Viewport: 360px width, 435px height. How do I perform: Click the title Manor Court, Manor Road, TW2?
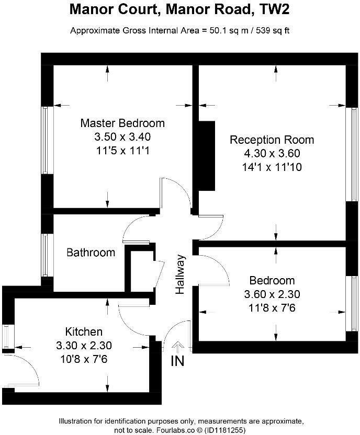[180, 9]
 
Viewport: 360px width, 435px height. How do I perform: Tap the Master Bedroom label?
[122, 123]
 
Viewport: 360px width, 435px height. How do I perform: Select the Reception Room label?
[272, 140]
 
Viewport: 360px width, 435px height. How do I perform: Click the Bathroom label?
[91, 253]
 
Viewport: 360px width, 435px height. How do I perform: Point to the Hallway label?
[181, 274]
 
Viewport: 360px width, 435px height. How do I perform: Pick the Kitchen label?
[84, 331]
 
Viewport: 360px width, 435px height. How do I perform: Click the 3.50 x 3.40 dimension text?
[122, 137]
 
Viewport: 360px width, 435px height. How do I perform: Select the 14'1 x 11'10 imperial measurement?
[272, 167]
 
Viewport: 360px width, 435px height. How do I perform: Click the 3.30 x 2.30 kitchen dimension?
[84, 345]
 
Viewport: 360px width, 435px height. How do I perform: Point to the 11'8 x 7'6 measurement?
[272, 308]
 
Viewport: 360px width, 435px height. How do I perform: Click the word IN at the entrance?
[178, 361]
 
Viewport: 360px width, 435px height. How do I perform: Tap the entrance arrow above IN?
[178, 346]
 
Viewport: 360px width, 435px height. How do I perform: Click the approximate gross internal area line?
[180, 30]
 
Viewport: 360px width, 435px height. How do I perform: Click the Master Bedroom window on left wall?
[46, 140]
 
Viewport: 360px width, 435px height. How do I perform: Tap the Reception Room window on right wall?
[349, 154]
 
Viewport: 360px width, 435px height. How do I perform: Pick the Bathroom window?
[46, 255]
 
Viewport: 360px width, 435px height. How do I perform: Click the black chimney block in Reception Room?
[207, 155]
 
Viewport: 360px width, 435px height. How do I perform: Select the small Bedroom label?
[272, 280]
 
